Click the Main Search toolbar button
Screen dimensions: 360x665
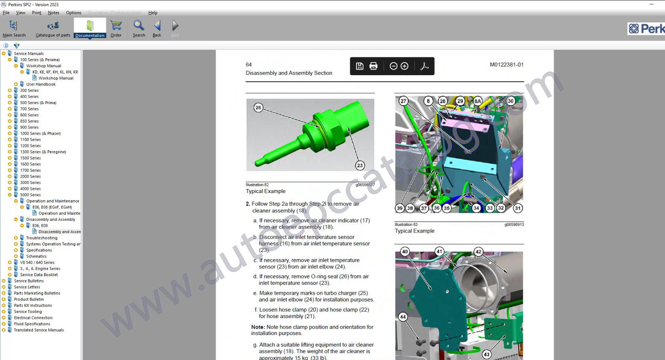pos(14,29)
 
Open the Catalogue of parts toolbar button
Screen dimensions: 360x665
pos(53,29)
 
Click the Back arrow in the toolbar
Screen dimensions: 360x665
pos(157,29)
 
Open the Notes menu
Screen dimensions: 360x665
pos(53,13)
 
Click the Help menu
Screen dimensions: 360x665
pos(153,13)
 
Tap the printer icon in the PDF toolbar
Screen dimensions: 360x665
pos(373,66)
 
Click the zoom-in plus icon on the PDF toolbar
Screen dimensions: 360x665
pos(404,66)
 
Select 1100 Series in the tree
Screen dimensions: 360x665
pos(30,140)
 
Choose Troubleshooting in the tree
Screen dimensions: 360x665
pos(42,238)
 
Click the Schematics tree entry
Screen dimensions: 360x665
pos(36,256)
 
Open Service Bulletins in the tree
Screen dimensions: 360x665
pos(29,281)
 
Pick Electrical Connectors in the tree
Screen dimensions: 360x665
pos(33,318)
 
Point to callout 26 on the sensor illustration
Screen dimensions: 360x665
pos(258,108)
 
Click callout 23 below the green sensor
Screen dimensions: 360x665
pos(360,165)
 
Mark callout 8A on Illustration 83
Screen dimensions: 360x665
pos(477,101)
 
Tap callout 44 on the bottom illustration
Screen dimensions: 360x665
pos(403,316)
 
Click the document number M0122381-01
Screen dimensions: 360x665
pos(506,65)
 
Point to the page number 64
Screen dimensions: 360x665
pos(248,65)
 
